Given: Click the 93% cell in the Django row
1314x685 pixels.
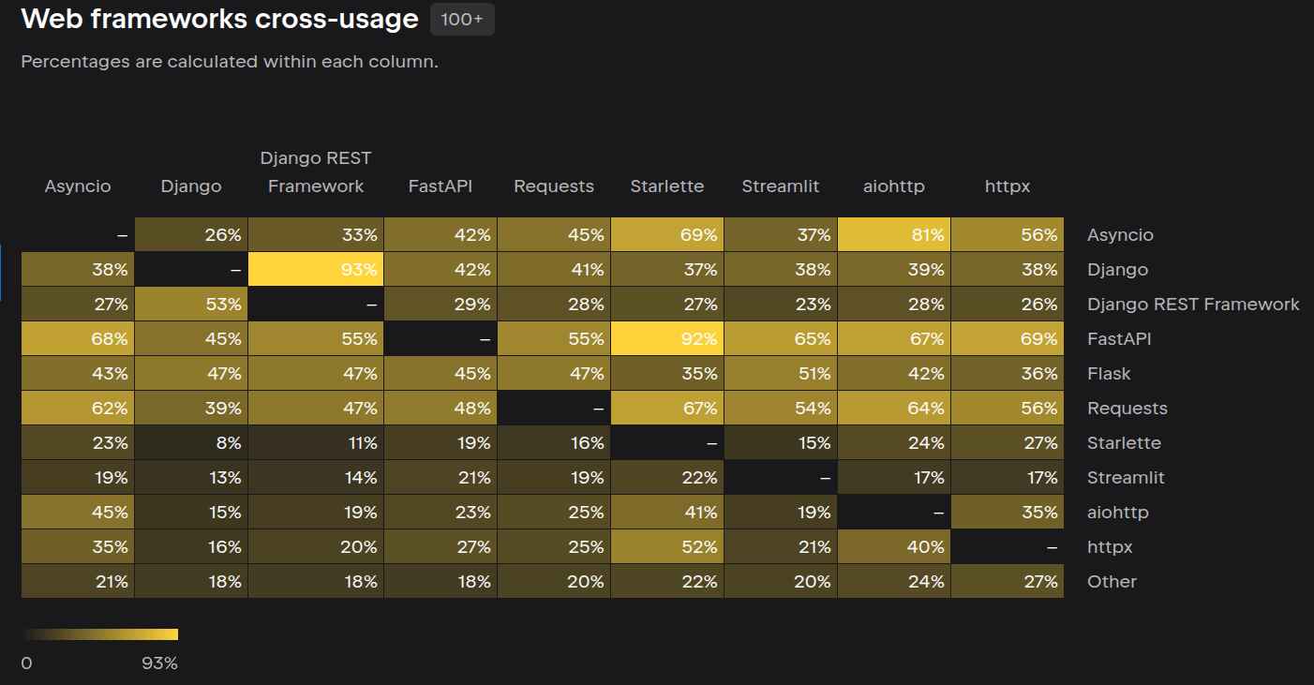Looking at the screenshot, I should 316,270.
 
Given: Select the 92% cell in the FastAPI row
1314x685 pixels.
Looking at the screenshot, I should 666,339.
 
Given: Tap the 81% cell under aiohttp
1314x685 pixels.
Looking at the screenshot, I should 893,235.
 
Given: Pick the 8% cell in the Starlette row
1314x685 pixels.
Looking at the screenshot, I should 191,443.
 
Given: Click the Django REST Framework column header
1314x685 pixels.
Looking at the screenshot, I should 316,172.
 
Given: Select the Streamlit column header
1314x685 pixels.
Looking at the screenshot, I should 780,186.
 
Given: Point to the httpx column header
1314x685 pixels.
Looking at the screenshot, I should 1007,186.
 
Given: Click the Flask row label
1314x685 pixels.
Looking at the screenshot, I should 1109,374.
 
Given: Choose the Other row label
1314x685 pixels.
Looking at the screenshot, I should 1112,582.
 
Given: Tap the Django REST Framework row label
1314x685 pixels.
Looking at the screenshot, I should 1193,305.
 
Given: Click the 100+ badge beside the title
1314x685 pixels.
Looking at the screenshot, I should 462,20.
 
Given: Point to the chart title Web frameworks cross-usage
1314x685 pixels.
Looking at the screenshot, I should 219,19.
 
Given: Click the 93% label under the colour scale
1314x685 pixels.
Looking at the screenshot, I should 159,663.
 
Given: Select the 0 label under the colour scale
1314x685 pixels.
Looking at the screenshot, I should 26,663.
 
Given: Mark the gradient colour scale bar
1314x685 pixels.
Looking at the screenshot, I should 99,634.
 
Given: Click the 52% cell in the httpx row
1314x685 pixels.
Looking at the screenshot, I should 666,547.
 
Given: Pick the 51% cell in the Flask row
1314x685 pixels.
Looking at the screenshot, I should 780,374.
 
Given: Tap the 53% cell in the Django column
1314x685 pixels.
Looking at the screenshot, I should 191,305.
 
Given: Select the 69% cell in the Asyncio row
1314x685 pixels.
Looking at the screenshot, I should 666,235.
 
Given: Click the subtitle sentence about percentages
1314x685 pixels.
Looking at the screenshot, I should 230,62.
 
